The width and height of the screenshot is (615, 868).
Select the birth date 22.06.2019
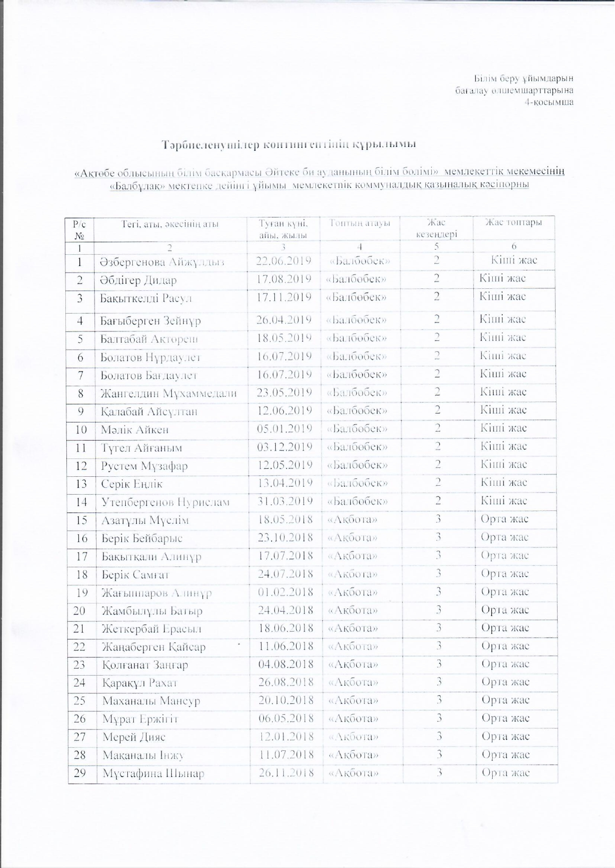(x=283, y=261)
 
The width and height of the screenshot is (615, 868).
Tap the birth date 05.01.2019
(x=284, y=429)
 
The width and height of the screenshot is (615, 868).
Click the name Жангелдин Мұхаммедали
(x=168, y=393)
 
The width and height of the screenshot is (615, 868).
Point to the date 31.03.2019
(x=285, y=502)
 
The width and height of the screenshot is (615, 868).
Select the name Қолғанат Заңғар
(x=145, y=665)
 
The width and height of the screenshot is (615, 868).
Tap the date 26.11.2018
(x=286, y=773)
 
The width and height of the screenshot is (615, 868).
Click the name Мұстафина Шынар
(x=153, y=774)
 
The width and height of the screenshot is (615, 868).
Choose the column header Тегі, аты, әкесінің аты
(x=170, y=224)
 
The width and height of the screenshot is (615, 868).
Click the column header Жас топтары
(x=513, y=223)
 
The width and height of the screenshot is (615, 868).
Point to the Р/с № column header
(x=79, y=229)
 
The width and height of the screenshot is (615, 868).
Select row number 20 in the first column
(x=80, y=611)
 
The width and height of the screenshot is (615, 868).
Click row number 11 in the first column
(x=81, y=448)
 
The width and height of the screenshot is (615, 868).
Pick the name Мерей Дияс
(x=134, y=737)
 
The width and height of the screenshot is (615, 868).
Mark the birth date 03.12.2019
(x=285, y=447)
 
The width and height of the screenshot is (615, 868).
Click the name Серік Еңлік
(x=132, y=484)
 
